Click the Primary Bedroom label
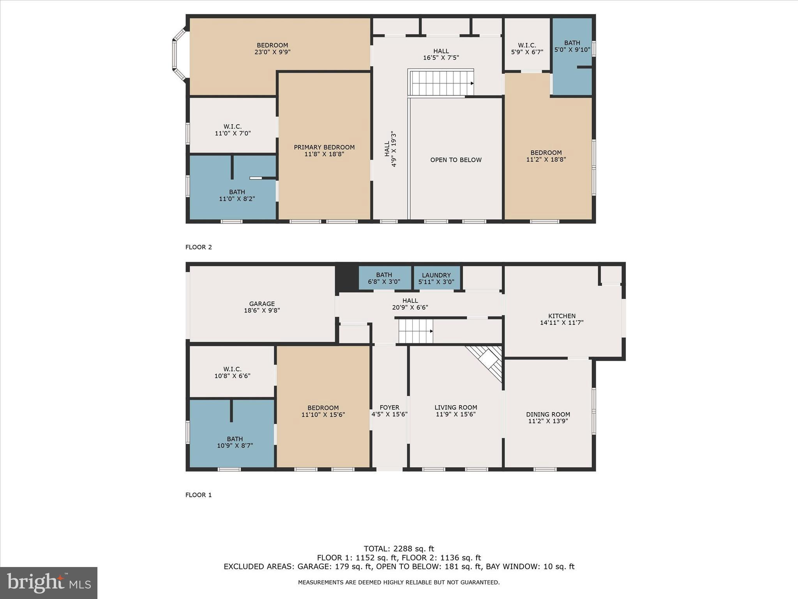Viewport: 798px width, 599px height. (x=324, y=147)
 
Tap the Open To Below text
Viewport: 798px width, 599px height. (x=456, y=160)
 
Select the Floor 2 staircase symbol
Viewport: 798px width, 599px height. (x=441, y=83)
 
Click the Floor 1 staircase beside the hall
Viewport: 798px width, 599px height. (x=416, y=331)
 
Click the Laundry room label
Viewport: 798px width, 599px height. (x=436, y=275)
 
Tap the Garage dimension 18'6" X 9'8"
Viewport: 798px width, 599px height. (x=262, y=311)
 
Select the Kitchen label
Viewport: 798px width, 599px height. (x=561, y=316)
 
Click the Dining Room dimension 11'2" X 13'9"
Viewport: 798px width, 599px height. (x=548, y=421)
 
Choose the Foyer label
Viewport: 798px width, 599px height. (x=389, y=408)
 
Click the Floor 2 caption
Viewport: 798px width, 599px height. (x=198, y=247)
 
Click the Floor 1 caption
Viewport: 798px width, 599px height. (x=198, y=495)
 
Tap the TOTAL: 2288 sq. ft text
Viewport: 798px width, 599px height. (x=399, y=549)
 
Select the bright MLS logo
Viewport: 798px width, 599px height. (x=49, y=583)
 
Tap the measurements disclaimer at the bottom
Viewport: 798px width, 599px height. (x=399, y=583)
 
